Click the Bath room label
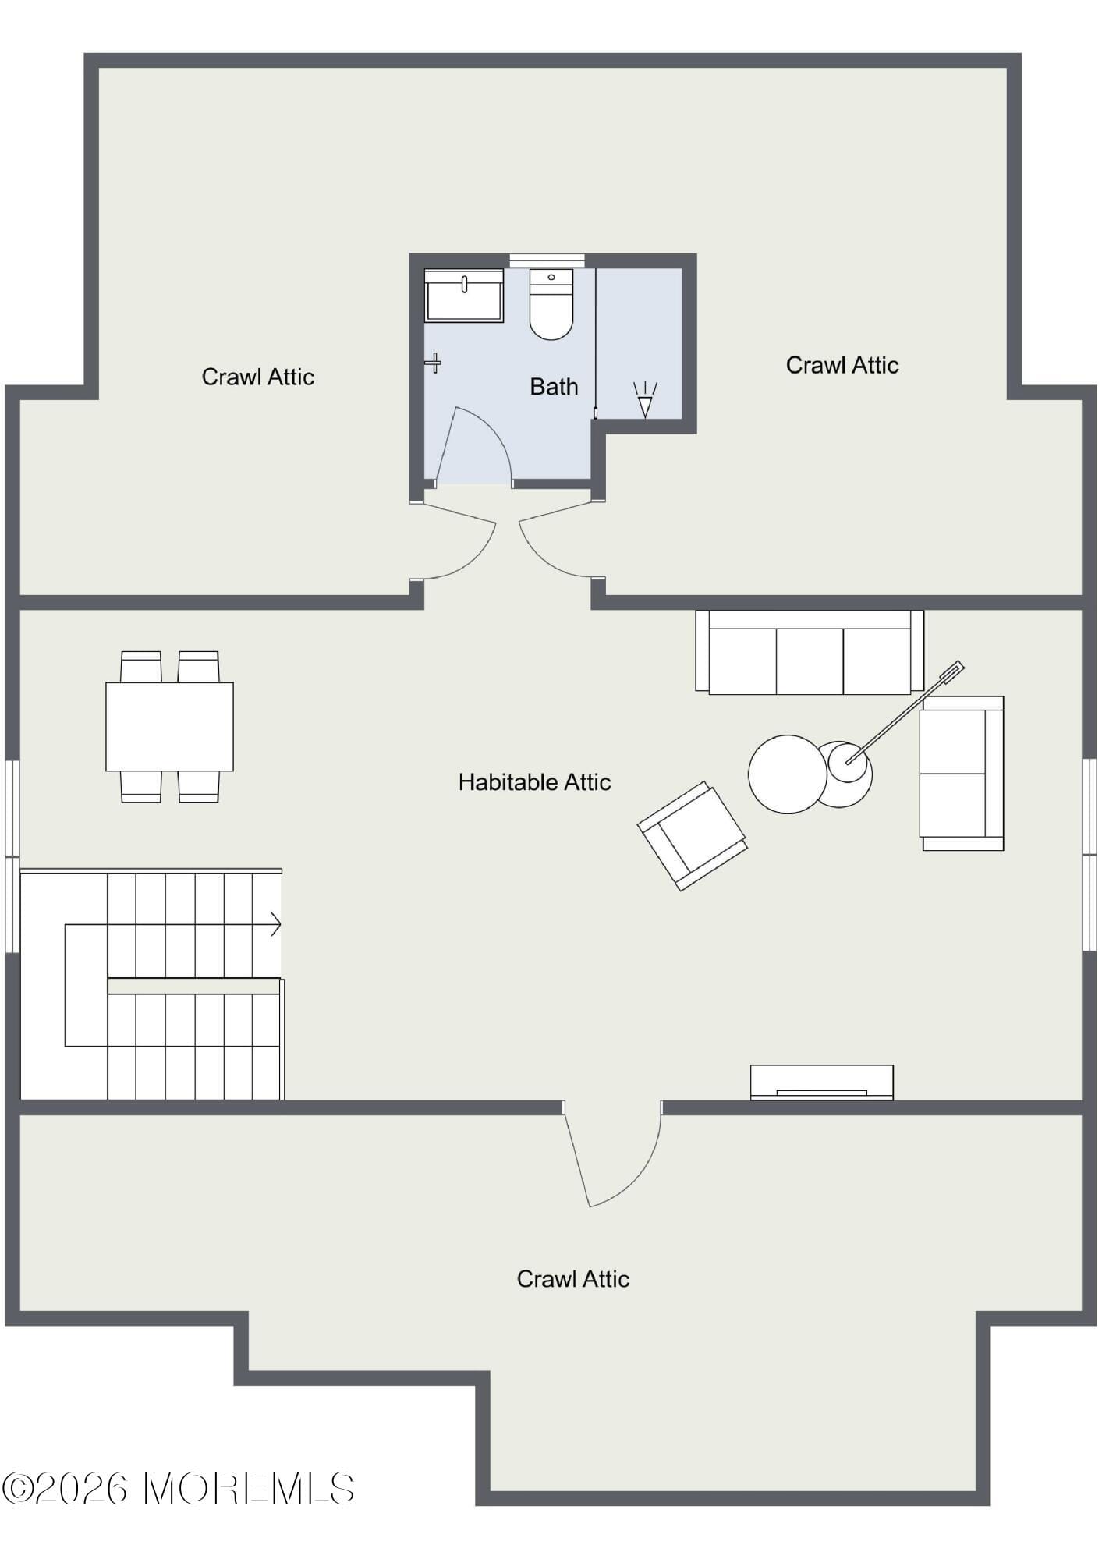coord(553,387)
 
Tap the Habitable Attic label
coord(534,782)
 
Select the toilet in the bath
coord(551,305)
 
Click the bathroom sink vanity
coord(463,296)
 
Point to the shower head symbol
coord(645,400)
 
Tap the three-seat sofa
coord(810,653)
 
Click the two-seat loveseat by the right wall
coord(962,773)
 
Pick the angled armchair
coord(692,836)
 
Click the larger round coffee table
coord(786,774)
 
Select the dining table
coord(169,727)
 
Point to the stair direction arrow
coord(275,925)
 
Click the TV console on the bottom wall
coord(821,1082)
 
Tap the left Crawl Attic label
coord(257,377)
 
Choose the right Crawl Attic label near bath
coord(842,366)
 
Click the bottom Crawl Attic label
coord(572,1279)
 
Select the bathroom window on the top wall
coord(547,260)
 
